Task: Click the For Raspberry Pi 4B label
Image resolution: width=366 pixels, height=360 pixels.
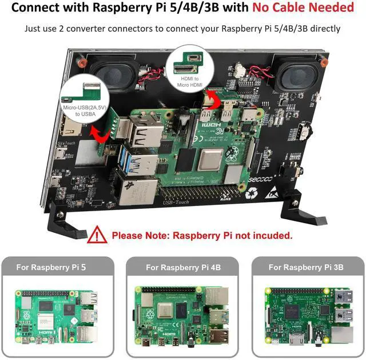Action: [183, 267]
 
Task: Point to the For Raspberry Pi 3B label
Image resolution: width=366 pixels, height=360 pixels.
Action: [306, 267]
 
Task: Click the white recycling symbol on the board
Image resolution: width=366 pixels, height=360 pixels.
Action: [252, 193]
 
